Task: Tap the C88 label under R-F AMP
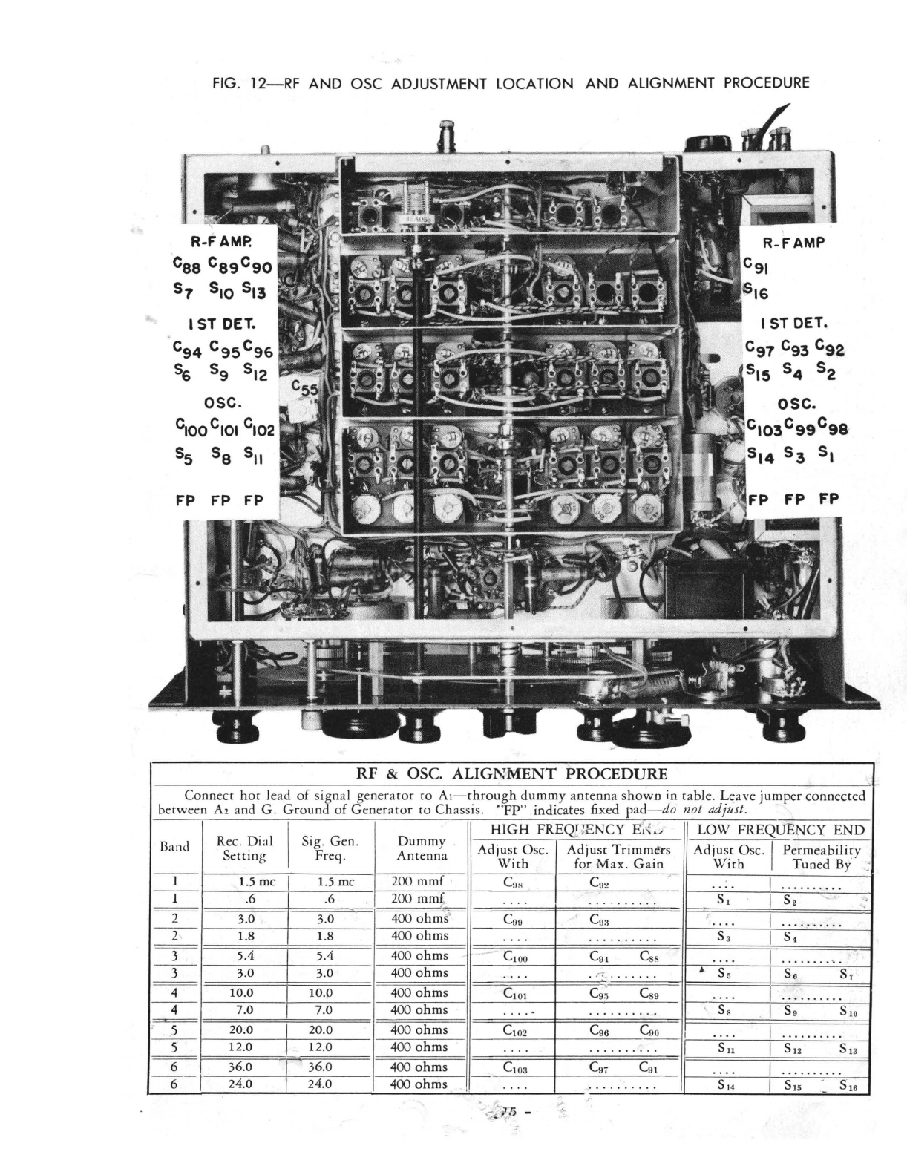tap(186, 265)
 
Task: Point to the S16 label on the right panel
tap(758, 291)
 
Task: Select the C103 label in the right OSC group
tap(763, 428)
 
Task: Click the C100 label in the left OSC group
tap(189, 428)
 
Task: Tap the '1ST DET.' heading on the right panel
tap(793, 324)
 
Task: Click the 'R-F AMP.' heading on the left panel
tap(222, 241)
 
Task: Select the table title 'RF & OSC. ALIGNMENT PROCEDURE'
tap(512, 773)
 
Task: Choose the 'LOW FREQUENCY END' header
tap(781, 830)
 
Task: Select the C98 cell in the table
tap(514, 883)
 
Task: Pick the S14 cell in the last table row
tap(727, 1085)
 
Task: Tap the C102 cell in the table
tap(514, 1030)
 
